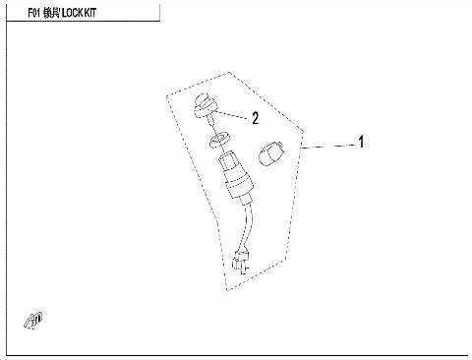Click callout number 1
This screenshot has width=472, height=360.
point(360,143)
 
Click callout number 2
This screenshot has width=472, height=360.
point(255,118)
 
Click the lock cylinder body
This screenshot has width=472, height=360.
point(238,172)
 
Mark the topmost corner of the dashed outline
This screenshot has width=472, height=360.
point(230,71)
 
